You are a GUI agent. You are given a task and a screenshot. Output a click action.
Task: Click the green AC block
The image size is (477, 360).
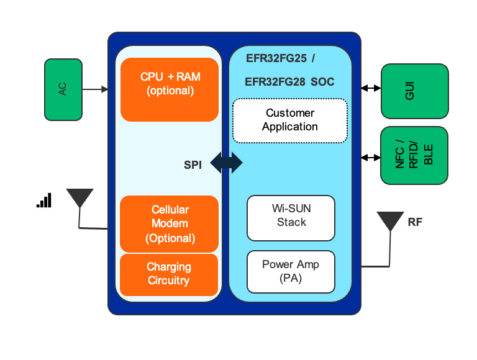click(63, 89)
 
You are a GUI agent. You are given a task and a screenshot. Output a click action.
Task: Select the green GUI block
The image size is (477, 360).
click(414, 91)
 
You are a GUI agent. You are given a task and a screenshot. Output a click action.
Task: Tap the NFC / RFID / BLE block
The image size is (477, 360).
click(414, 156)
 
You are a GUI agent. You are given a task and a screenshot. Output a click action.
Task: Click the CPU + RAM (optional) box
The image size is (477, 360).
click(170, 89)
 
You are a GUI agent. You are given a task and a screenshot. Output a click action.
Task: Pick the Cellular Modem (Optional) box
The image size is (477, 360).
click(170, 224)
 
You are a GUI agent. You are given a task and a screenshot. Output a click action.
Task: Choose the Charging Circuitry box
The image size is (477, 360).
click(169, 274)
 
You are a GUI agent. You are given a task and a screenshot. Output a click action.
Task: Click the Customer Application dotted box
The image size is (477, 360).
click(289, 120)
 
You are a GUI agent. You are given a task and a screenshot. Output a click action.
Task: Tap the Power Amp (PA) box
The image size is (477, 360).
click(291, 271)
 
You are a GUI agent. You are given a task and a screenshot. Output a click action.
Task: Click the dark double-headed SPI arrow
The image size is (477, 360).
click(226, 163)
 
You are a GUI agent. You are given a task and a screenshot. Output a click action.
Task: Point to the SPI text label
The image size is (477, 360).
click(193, 165)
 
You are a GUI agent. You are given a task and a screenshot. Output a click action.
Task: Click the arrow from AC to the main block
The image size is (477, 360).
click(95, 89)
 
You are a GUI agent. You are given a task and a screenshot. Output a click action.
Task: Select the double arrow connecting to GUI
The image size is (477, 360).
click(371, 89)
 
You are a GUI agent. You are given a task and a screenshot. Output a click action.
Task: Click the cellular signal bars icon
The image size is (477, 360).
click(44, 200)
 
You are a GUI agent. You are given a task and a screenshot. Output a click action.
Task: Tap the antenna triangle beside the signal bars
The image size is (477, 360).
click(79, 198)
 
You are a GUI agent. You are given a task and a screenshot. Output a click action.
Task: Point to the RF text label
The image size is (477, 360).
click(415, 222)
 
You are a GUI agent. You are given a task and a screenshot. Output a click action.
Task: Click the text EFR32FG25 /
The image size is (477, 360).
click(279, 59)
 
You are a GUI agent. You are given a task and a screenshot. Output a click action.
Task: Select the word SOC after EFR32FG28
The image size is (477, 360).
click(322, 81)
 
